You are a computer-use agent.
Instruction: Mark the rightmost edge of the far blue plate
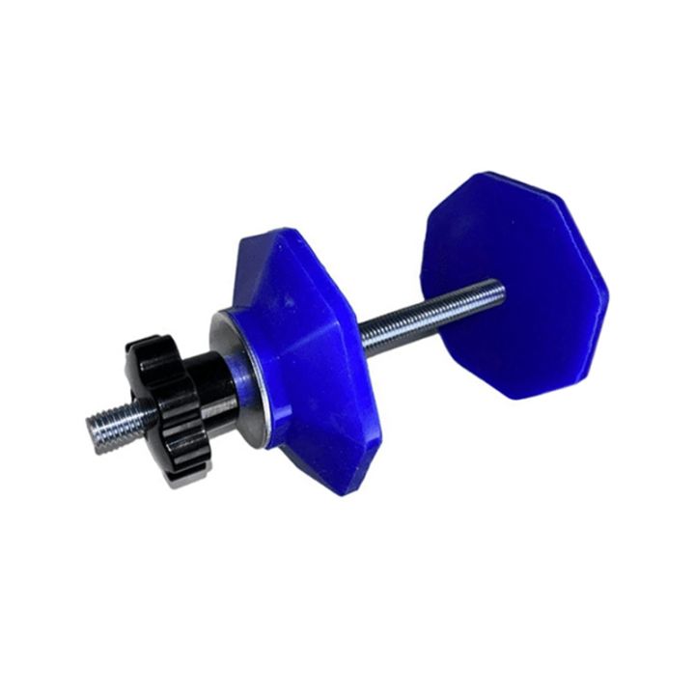tap(607, 290)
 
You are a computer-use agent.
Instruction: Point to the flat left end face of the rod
tap(87, 424)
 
